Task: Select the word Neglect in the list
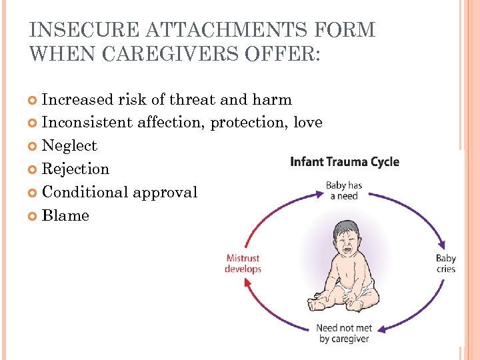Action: (x=69, y=146)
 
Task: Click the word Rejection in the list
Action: (x=75, y=169)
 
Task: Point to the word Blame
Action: (x=65, y=216)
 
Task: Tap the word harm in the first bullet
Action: (x=272, y=100)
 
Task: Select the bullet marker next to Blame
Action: (x=35, y=216)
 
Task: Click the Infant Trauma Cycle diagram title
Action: (x=345, y=162)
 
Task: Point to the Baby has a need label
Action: (x=344, y=191)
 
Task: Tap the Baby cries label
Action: (x=445, y=264)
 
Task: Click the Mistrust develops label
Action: (x=243, y=263)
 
